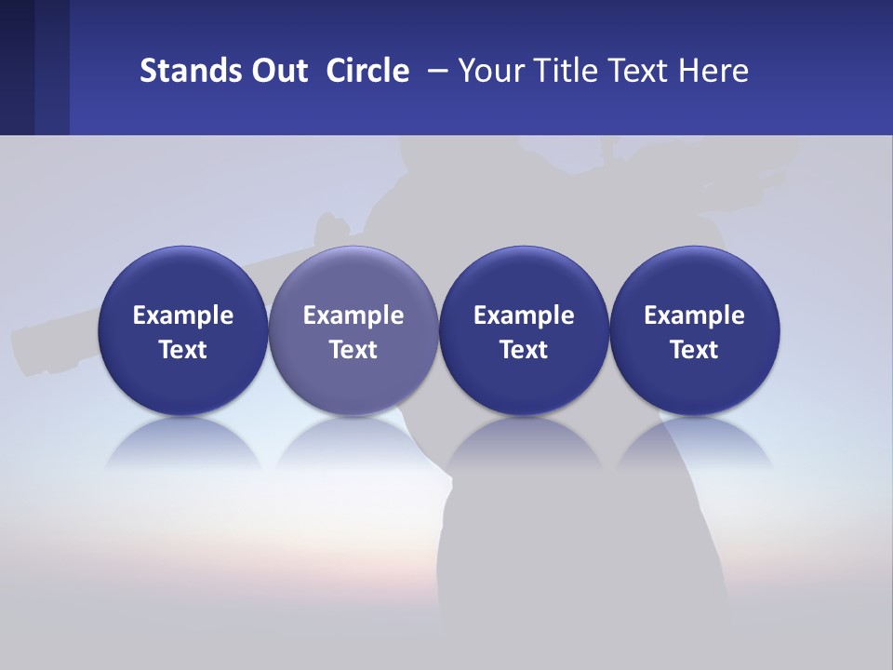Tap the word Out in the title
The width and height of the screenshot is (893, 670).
[x=277, y=71]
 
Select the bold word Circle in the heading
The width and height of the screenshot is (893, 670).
[x=367, y=71]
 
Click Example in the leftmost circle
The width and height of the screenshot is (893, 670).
[x=183, y=315]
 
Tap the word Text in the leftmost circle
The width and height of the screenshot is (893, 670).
[x=183, y=350]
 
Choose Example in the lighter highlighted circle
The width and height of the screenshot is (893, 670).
[x=353, y=315]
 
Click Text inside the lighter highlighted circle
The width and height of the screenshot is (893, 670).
[x=353, y=350]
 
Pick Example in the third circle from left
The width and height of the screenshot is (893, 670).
[x=524, y=315]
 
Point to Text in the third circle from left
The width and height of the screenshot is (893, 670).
[x=524, y=350]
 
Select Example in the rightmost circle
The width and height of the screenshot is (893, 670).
[x=694, y=315]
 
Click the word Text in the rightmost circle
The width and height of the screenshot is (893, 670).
[x=694, y=350]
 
